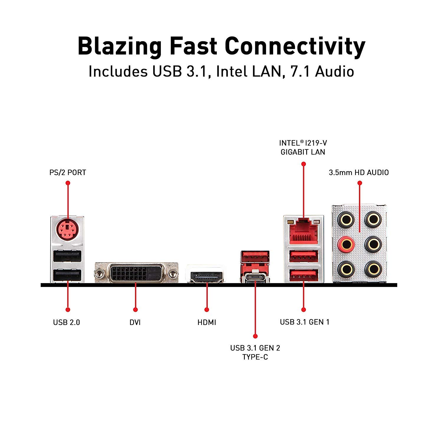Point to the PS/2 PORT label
point(68,172)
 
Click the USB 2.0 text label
point(67,322)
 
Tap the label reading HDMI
point(207,322)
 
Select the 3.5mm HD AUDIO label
point(359,172)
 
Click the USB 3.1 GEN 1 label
point(304,322)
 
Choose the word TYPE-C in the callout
point(255,357)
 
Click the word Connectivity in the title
point(295,47)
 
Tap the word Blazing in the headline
point(119,47)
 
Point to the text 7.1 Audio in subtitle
point(322,72)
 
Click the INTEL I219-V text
point(303,143)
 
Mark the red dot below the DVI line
point(135,309)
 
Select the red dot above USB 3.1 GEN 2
point(255,336)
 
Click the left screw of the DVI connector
point(99,274)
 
